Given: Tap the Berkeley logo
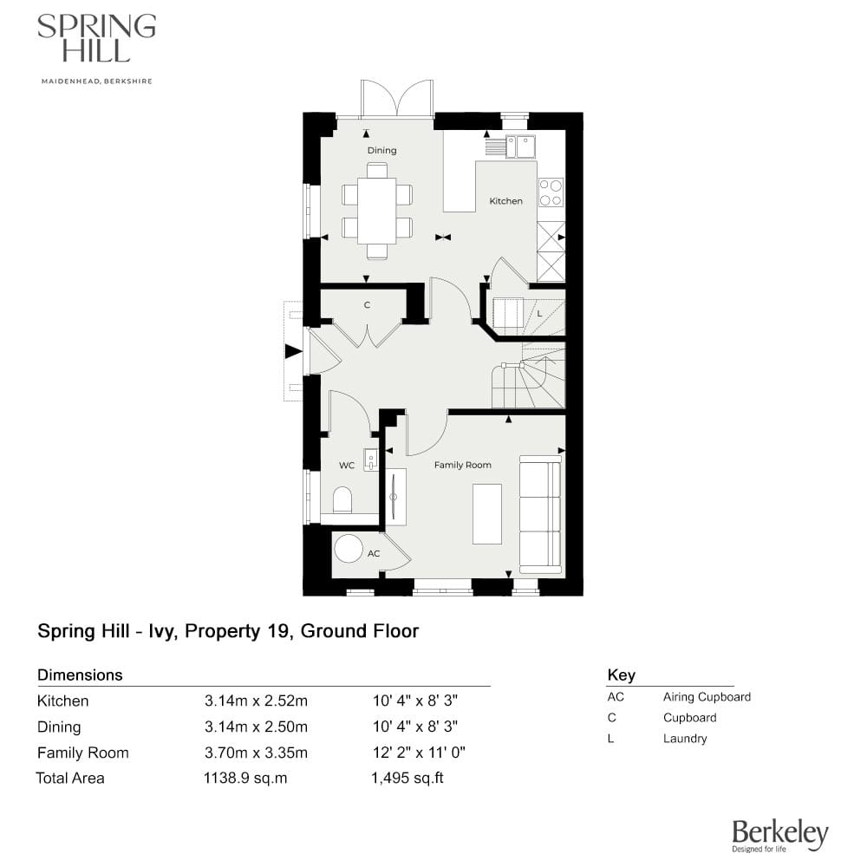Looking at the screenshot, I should (x=779, y=836).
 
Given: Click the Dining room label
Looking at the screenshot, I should (x=381, y=150).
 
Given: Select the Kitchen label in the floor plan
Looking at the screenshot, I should (x=505, y=201).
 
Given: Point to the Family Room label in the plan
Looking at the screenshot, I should (x=462, y=466).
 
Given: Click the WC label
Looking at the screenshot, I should (x=347, y=466).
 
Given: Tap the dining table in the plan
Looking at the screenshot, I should (x=376, y=212).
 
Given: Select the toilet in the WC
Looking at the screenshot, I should (x=342, y=500).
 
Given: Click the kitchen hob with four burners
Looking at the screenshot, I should (x=550, y=192).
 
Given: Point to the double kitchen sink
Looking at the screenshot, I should (x=521, y=147).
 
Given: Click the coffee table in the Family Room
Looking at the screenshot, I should (x=486, y=513).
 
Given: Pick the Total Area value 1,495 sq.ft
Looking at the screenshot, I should (x=407, y=778).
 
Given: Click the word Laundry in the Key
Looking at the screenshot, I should (x=685, y=739).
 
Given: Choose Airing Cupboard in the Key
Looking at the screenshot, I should (x=707, y=697).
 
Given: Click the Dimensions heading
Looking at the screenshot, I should (x=80, y=675).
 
